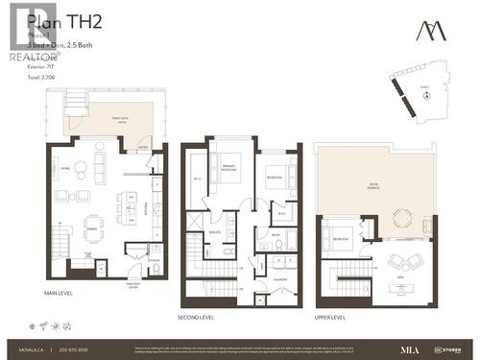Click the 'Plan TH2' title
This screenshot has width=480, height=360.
tap(57, 20)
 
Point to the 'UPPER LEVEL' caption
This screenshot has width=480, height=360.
tap(329, 316)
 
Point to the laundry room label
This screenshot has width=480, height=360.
tap(279, 279)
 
